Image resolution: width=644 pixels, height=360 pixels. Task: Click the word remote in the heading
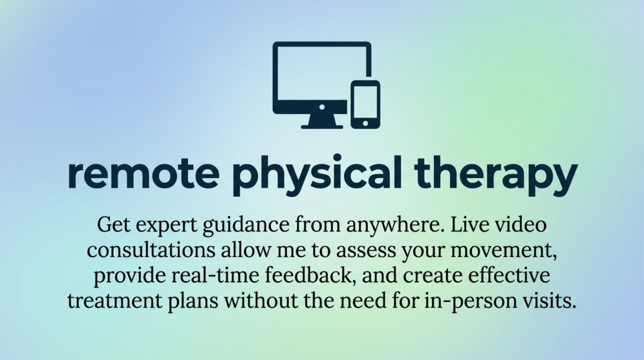tap(144, 174)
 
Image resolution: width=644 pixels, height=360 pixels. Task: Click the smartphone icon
tap(365, 104)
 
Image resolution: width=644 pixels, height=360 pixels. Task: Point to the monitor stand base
tap(322, 126)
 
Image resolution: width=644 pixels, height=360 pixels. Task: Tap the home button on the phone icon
tap(365, 123)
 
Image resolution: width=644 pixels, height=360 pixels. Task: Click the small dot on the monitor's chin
tap(322, 107)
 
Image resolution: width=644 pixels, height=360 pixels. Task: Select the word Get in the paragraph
tap(111, 225)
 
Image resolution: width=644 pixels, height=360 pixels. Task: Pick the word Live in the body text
tap(467, 225)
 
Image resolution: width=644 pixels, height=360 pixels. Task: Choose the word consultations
tap(151, 250)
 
